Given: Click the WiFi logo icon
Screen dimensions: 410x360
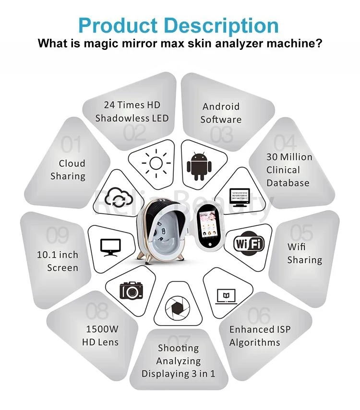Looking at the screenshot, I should coord(249,244).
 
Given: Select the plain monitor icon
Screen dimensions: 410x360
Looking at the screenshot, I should coord(110,247).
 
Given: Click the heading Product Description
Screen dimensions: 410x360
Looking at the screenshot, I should coord(178,25).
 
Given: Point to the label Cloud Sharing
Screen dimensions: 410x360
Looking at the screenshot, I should coord(68,170).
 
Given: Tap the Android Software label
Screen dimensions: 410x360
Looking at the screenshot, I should coord(221,113).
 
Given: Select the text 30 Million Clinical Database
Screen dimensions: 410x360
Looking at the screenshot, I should coord(289,170).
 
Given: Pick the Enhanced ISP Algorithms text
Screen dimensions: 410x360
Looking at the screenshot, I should coord(260,336).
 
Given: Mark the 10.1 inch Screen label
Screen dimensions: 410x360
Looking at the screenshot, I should coord(58,261).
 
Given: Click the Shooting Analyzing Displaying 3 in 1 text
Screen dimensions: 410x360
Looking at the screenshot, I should coord(178,361).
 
